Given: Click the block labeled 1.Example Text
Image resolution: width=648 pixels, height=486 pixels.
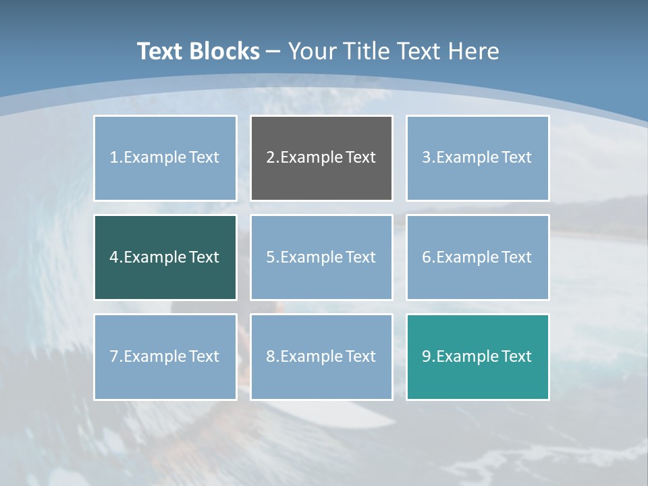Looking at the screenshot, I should click(x=165, y=158).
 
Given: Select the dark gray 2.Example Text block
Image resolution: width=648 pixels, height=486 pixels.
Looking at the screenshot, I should click(x=321, y=158).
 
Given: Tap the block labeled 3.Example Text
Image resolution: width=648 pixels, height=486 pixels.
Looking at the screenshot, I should click(x=477, y=158).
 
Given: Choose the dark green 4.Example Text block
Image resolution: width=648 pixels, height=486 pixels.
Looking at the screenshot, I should click(x=165, y=257).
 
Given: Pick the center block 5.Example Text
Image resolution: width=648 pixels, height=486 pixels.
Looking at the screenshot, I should click(x=321, y=257).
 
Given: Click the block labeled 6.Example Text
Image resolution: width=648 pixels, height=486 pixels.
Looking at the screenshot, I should click(x=477, y=257).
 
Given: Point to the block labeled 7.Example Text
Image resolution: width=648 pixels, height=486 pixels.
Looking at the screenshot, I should click(x=165, y=356).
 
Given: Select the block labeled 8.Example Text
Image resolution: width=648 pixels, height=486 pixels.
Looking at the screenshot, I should click(x=321, y=356).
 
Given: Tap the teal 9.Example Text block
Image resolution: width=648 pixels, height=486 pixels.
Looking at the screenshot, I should click(x=477, y=356).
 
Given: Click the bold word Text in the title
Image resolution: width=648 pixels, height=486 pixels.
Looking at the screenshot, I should click(x=159, y=51).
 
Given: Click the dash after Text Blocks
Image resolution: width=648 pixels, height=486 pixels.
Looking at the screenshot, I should click(x=273, y=52).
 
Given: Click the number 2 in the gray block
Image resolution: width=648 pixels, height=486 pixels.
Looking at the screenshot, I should click(x=270, y=158).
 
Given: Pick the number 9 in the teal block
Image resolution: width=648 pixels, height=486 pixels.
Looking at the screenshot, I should click(x=427, y=356).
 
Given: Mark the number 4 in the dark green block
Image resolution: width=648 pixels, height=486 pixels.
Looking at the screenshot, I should click(x=114, y=257).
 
